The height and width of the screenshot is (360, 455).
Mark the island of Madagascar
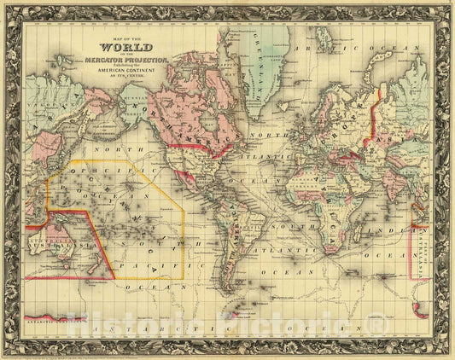pyautogui.click(x=367, y=235)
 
